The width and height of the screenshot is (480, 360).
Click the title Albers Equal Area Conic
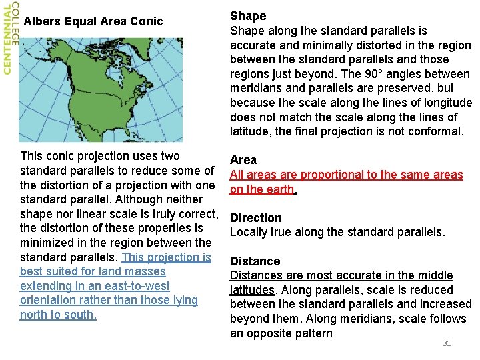coord(93,21)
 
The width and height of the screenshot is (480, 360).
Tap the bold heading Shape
coord(248,16)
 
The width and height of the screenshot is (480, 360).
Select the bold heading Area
coord(243,160)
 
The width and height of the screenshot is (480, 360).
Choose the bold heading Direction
coord(256,218)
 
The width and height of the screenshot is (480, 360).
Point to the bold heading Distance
coord(255,261)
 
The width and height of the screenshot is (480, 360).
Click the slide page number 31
coord(447,343)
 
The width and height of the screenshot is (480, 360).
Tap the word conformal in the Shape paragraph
coord(431,132)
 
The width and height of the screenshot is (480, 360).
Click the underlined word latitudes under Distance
coord(252,290)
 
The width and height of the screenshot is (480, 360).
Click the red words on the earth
coord(262,189)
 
